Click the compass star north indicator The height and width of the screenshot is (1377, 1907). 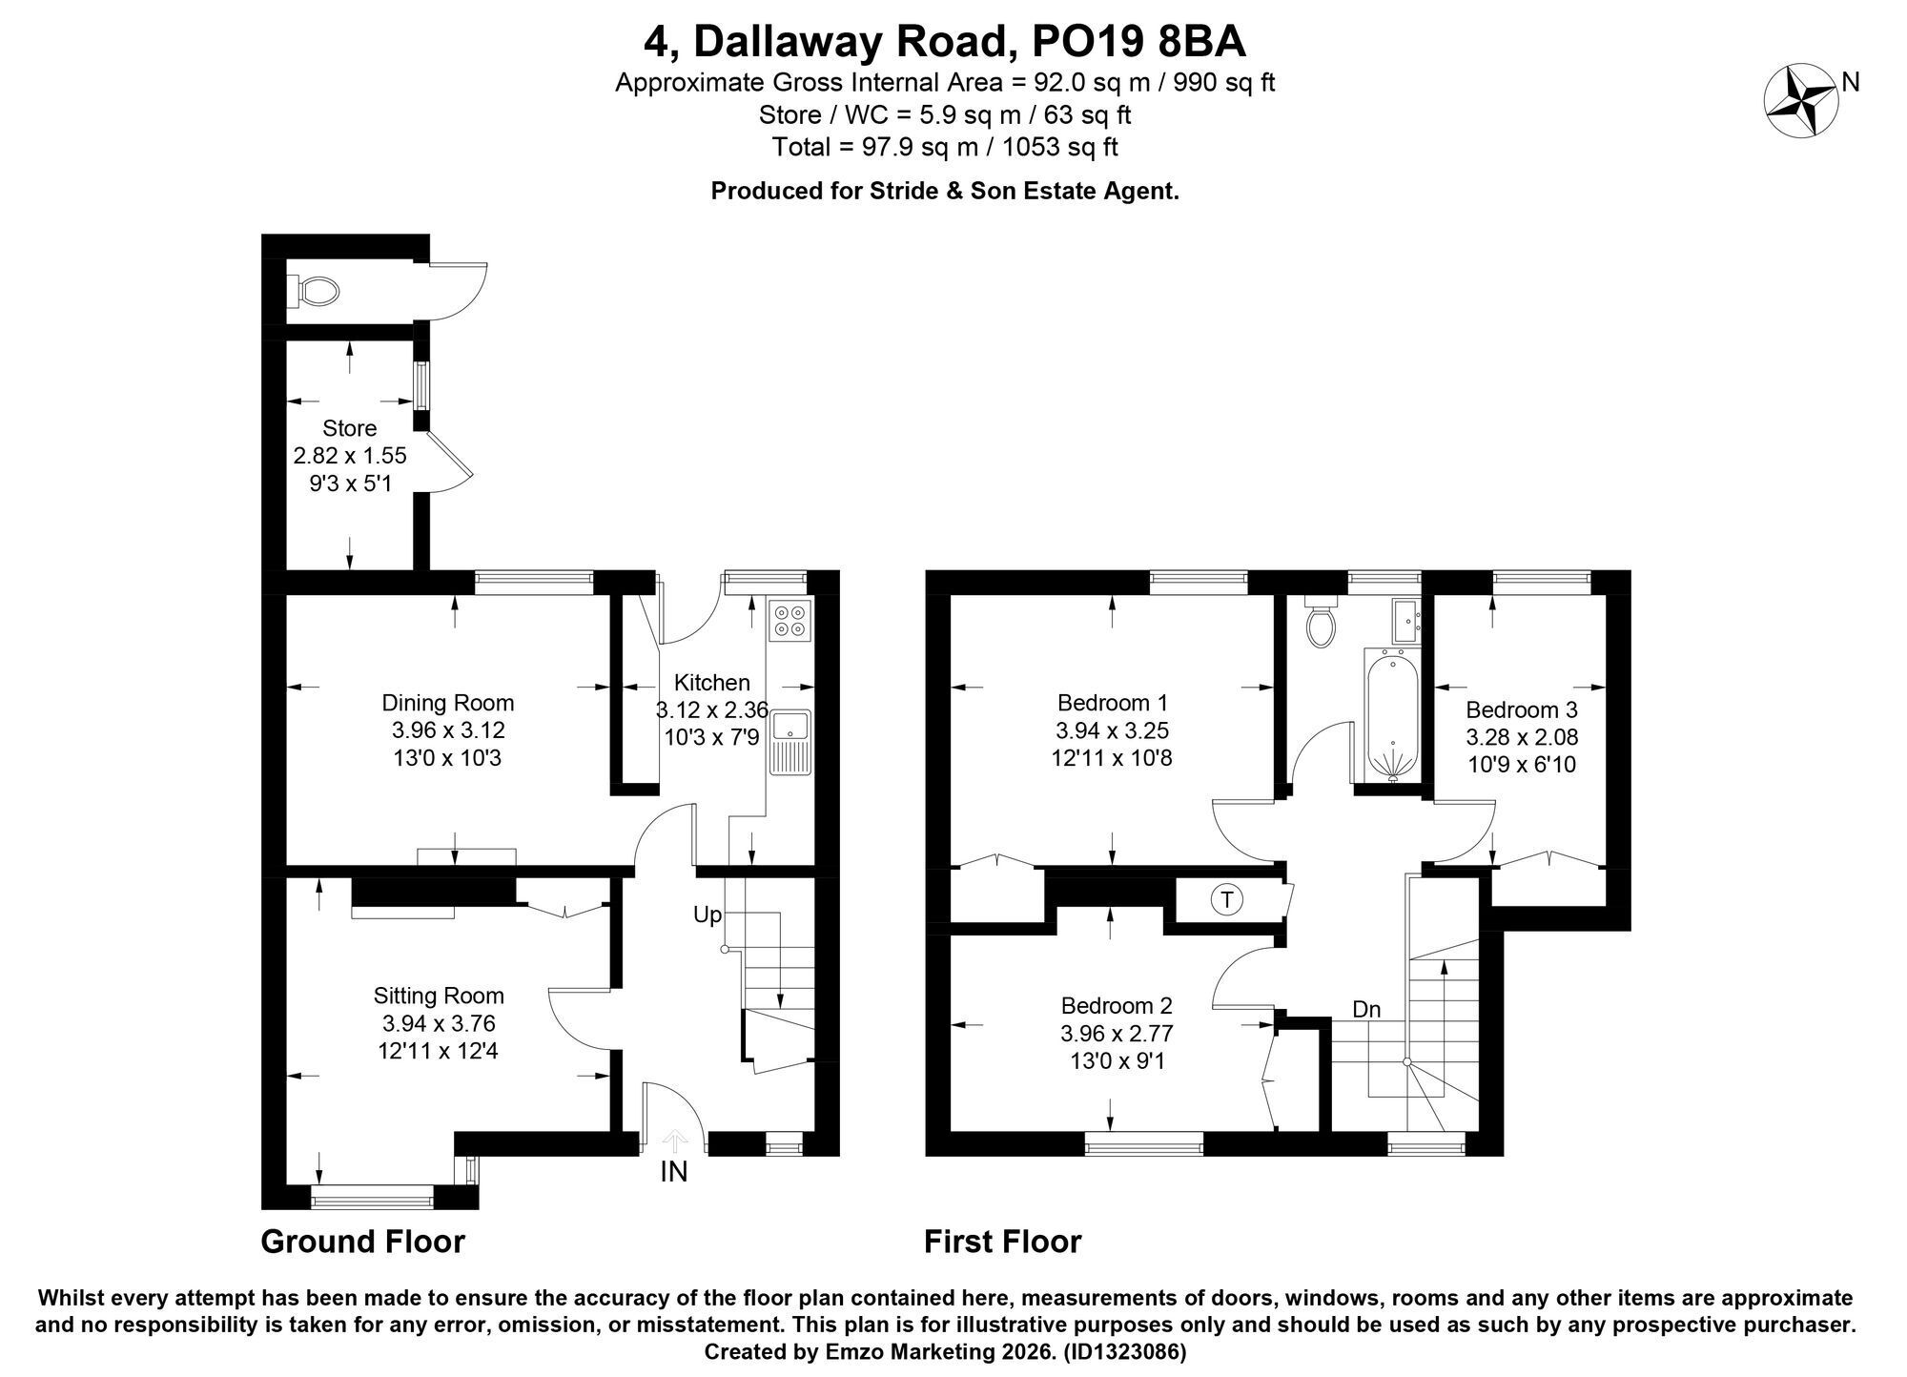point(1801,100)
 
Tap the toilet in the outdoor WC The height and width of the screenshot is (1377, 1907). point(316,291)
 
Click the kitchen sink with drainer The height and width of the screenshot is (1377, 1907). point(790,743)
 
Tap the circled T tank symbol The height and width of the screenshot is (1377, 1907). point(1227,899)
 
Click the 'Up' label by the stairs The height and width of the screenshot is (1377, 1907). point(707,915)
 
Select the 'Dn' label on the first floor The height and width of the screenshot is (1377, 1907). point(1366,1009)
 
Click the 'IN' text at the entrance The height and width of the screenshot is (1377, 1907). point(674,1172)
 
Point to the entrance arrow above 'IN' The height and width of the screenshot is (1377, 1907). point(674,1141)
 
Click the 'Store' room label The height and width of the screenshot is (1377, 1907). point(349,428)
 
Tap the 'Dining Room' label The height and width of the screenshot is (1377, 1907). point(448,704)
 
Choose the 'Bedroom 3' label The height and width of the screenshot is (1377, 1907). point(1522,710)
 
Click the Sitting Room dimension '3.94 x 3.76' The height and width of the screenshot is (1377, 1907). point(439,1023)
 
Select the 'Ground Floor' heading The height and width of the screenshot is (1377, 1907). point(363,1242)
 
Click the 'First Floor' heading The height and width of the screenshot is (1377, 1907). point(1003,1242)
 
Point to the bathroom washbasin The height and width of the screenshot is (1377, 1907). point(1406,621)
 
